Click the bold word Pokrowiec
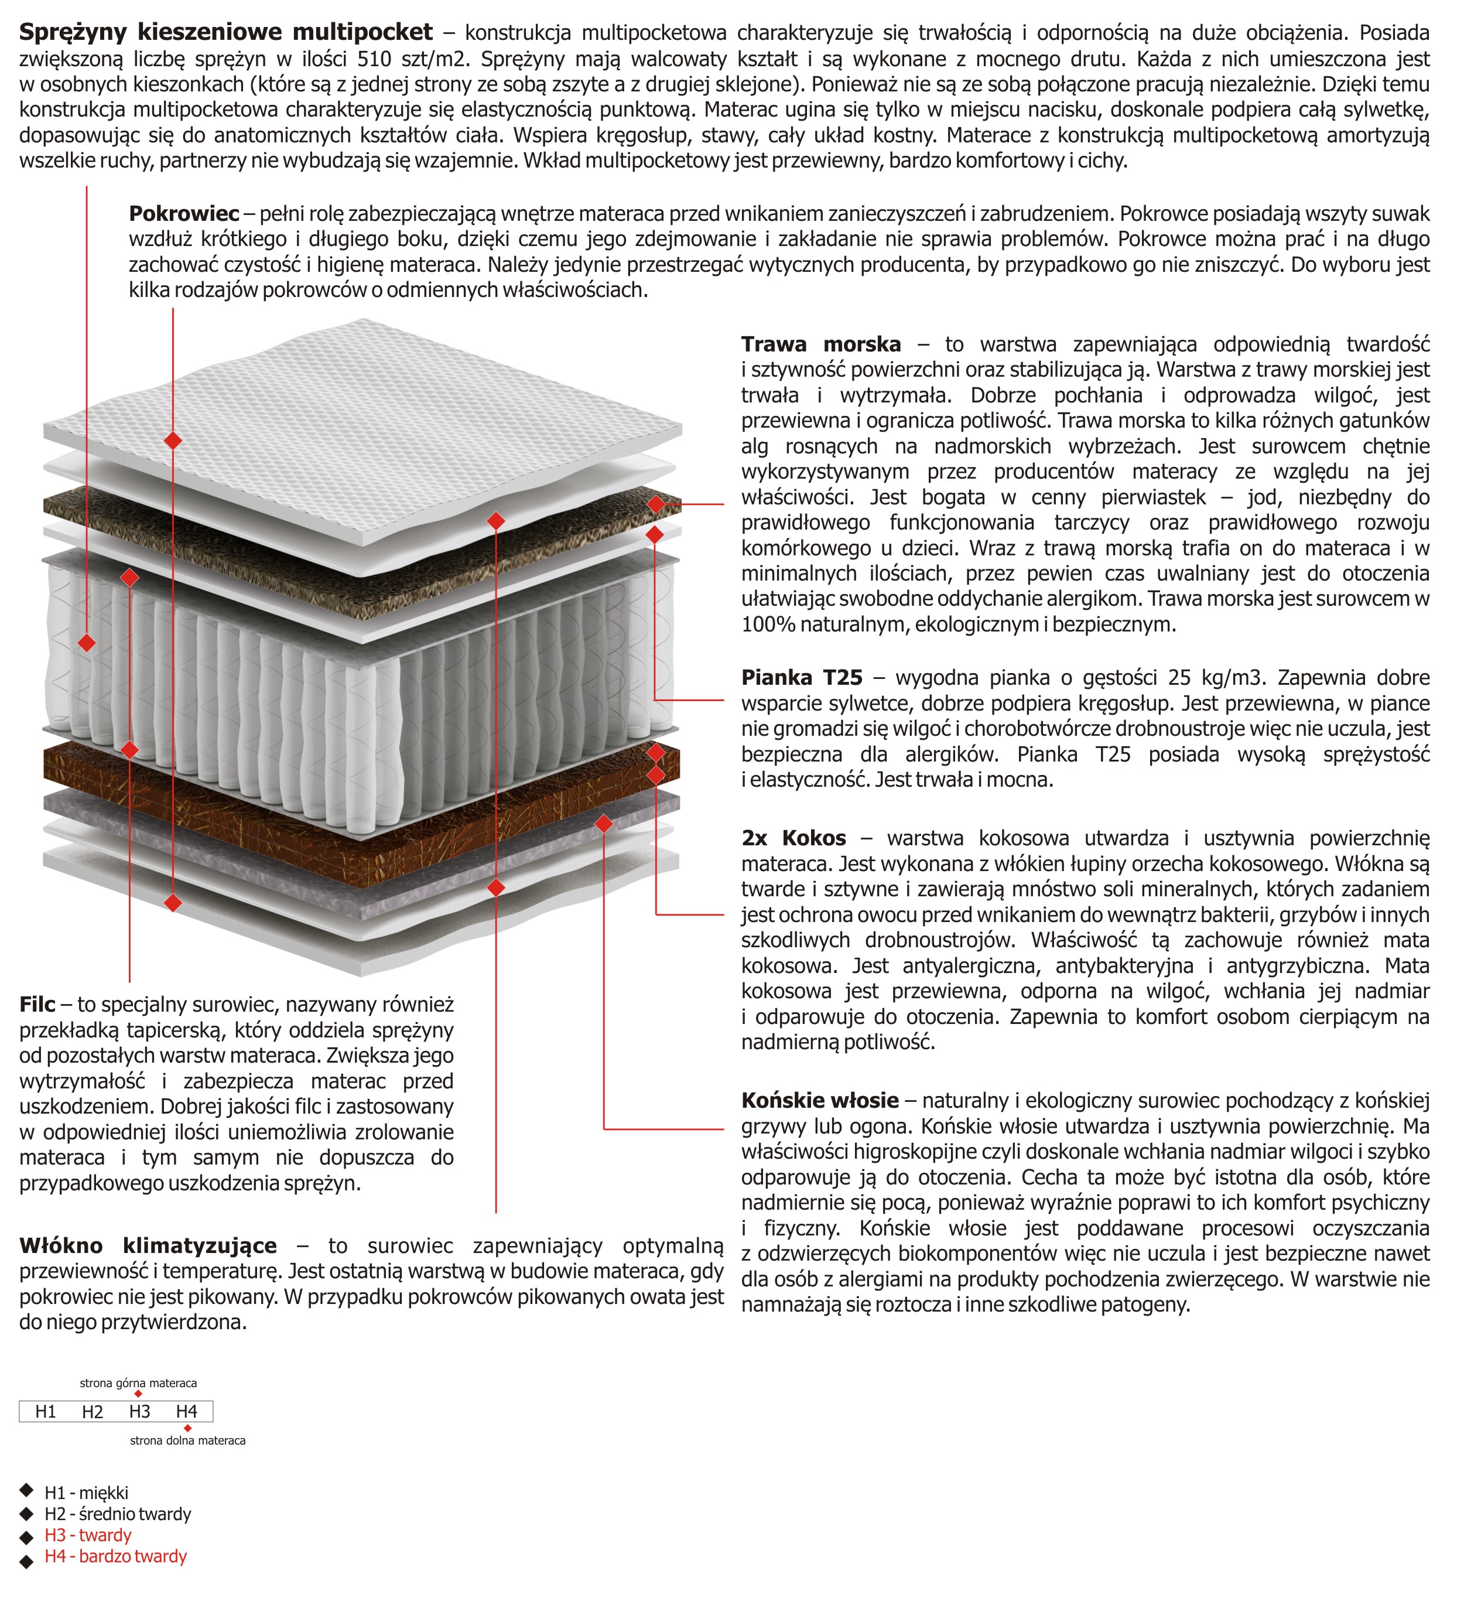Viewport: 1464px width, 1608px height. [183, 214]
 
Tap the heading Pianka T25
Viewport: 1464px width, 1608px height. [801, 678]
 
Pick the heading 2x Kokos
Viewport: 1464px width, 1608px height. [793, 838]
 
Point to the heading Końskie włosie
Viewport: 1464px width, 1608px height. [820, 1101]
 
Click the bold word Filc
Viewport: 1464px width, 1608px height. [37, 1004]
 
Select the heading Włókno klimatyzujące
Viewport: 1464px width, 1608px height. [148, 1246]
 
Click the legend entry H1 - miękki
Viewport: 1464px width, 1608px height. [86, 1493]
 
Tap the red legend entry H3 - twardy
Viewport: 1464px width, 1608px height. [88, 1535]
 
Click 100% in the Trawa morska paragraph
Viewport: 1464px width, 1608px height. [768, 624]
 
